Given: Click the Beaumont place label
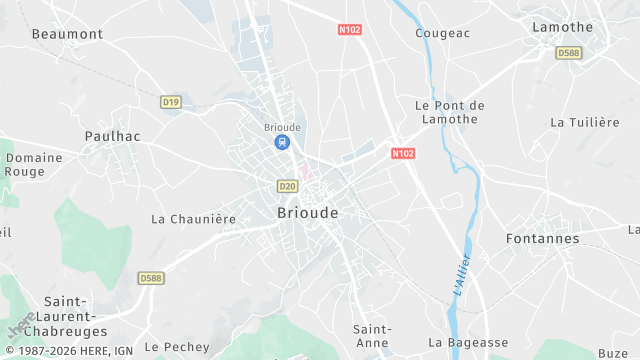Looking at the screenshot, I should (x=67, y=34).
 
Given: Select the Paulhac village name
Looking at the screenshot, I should (x=112, y=135).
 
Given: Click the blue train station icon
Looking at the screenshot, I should (x=282, y=143).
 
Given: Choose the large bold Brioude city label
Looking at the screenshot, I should (x=306, y=213).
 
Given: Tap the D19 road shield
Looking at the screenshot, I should (x=170, y=101).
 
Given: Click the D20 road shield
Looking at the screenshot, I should (x=288, y=186).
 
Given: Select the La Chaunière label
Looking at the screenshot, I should (x=193, y=218).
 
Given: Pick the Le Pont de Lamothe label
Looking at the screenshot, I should (x=449, y=112).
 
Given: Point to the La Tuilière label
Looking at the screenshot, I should (x=585, y=122).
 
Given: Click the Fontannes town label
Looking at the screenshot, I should (x=543, y=239).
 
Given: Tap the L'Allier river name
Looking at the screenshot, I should (x=462, y=274).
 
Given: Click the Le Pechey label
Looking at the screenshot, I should (x=177, y=347).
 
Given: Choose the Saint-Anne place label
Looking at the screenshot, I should (x=372, y=336).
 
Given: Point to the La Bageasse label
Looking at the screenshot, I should (x=467, y=342).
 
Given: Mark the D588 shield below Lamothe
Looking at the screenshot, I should (x=569, y=53).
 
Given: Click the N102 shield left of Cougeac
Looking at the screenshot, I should (x=350, y=30).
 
